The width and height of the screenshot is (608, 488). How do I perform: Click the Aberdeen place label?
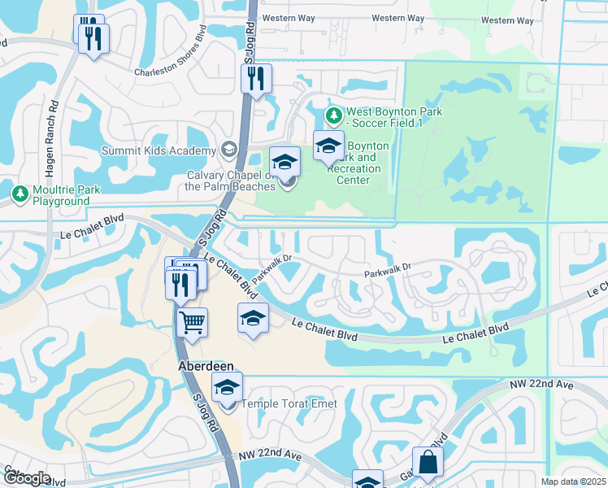[x=204, y=367]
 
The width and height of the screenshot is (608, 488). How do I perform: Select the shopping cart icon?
[x=193, y=321]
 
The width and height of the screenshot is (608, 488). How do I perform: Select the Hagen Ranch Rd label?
[x=54, y=129]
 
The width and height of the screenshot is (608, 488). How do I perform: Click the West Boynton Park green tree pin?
[x=333, y=113]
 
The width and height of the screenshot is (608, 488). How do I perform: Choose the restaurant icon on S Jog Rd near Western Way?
[x=256, y=79]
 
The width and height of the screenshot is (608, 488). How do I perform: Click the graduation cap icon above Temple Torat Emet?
[x=228, y=387]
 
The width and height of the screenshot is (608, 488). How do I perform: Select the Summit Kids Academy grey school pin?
[x=229, y=150]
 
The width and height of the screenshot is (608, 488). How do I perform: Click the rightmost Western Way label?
[x=509, y=20]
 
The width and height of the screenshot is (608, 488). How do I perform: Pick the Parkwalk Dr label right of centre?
[x=388, y=266]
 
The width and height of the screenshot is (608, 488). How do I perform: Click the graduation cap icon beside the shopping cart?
[x=253, y=317]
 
